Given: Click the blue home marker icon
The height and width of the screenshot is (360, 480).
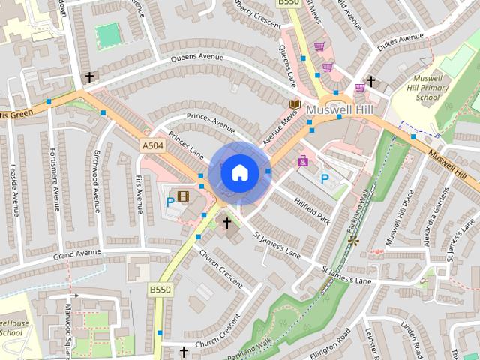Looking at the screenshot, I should (x=239, y=172).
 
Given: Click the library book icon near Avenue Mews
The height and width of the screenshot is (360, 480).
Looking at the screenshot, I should (x=295, y=103).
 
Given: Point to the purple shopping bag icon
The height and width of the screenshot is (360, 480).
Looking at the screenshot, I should (x=302, y=160).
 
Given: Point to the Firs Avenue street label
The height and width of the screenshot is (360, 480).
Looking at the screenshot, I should (x=139, y=192).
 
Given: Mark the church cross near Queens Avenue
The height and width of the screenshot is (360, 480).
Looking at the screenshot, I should (x=89, y=77).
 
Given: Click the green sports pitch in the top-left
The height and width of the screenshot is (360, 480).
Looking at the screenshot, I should (x=109, y=34).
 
